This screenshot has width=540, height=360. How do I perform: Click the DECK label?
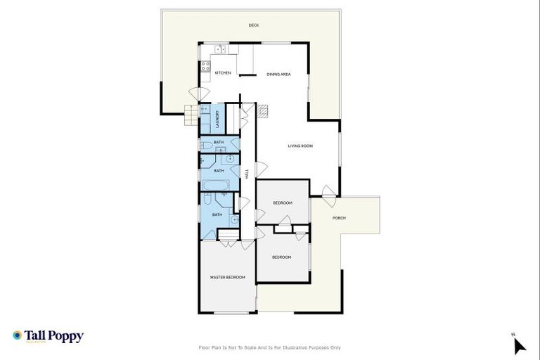[254, 26]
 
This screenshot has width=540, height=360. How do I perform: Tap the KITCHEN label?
[223, 73]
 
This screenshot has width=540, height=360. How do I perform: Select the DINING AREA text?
[278, 74]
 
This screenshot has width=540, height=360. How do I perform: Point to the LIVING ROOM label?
[300, 146]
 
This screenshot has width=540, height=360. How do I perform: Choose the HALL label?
[247, 173]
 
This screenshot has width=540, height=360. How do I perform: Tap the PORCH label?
[339, 218]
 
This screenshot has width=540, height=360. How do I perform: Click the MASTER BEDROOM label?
[228, 278]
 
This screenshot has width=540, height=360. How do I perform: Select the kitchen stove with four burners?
[205, 67]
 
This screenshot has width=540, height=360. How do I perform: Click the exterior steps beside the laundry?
[192, 115]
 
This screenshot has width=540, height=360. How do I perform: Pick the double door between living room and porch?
[326, 191]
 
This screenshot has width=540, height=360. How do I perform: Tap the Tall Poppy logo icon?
[17, 336]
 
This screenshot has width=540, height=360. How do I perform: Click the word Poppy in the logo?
[65, 336]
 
